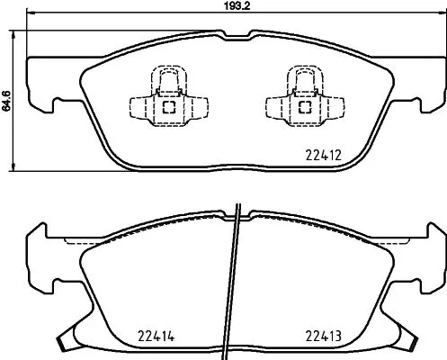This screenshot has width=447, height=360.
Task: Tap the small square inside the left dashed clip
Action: (x=168, y=106)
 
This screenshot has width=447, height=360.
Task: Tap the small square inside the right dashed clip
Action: (x=303, y=106)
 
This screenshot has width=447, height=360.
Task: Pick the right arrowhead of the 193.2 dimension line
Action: (x=440, y=14)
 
